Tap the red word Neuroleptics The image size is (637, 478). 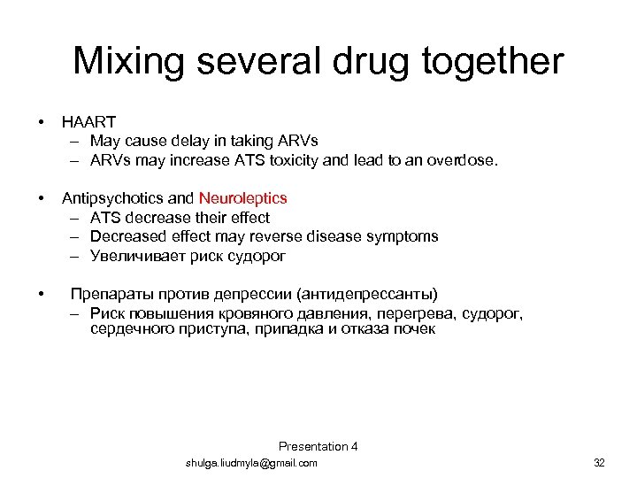click(x=243, y=198)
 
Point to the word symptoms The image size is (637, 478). click(x=404, y=236)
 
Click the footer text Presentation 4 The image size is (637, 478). click(x=318, y=446)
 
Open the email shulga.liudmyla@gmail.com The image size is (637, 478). click(x=251, y=463)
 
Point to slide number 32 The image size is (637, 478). click(x=599, y=463)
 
